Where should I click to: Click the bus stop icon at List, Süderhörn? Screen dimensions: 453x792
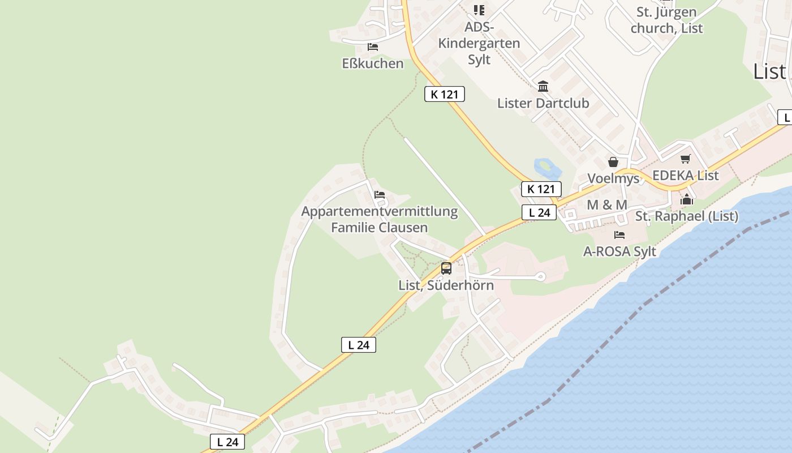(x=446, y=268)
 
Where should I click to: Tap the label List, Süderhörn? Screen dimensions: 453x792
(x=446, y=285)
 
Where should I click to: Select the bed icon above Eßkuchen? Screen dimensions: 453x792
(x=372, y=46)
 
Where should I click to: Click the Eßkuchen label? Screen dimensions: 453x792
(x=373, y=63)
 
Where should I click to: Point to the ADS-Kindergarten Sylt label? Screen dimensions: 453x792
(x=479, y=43)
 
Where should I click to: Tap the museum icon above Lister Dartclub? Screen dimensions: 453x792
(x=543, y=86)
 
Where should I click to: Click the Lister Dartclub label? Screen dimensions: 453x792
(x=543, y=103)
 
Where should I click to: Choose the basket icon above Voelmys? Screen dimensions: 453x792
(x=613, y=163)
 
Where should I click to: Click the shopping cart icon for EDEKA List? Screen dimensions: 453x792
(x=686, y=159)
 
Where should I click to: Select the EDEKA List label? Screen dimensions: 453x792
(x=686, y=176)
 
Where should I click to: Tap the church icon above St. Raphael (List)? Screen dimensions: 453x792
(x=687, y=199)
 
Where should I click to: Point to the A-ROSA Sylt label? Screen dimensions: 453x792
(x=619, y=251)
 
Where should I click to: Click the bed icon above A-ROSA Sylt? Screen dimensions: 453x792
(x=619, y=234)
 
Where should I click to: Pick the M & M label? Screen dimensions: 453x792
(x=607, y=205)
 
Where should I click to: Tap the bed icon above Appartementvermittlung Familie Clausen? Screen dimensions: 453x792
(x=380, y=195)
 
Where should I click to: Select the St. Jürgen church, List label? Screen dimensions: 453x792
(x=666, y=20)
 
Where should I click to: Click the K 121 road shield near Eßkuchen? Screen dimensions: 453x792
(x=445, y=94)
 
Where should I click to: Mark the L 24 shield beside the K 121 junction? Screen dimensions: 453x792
(x=539, y=212)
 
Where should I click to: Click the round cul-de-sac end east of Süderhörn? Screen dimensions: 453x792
(x=540, y=277)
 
